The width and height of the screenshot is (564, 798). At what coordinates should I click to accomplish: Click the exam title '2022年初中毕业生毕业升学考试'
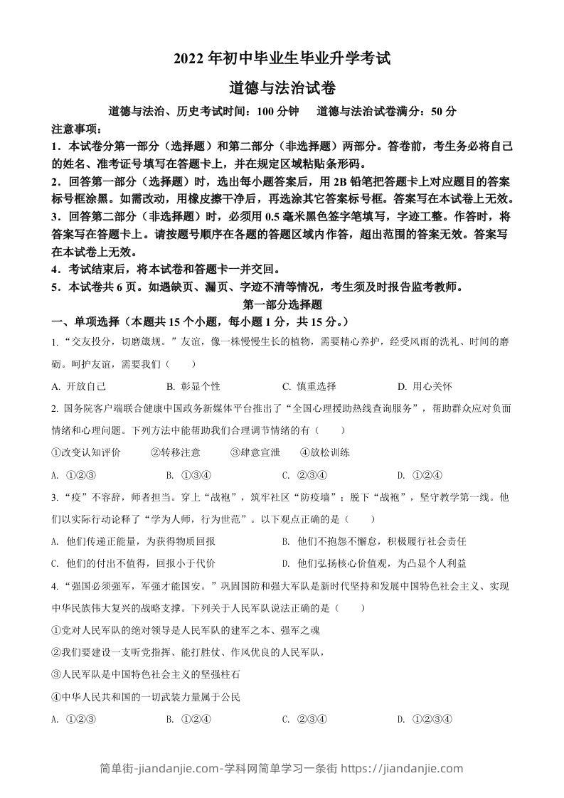tap(282, 59)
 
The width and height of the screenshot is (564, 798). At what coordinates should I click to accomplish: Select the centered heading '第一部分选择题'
tap(282, 304)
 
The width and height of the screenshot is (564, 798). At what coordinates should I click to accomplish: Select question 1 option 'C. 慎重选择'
tap(309, 386)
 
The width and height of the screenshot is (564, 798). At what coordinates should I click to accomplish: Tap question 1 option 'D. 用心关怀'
tap(425, 386)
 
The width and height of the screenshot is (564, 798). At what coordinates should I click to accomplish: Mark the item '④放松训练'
tap(325, 452)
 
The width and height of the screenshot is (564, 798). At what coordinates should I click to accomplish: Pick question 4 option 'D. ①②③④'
tap(425, 718)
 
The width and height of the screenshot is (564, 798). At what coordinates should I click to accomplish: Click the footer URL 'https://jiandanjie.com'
tap(403, 768)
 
